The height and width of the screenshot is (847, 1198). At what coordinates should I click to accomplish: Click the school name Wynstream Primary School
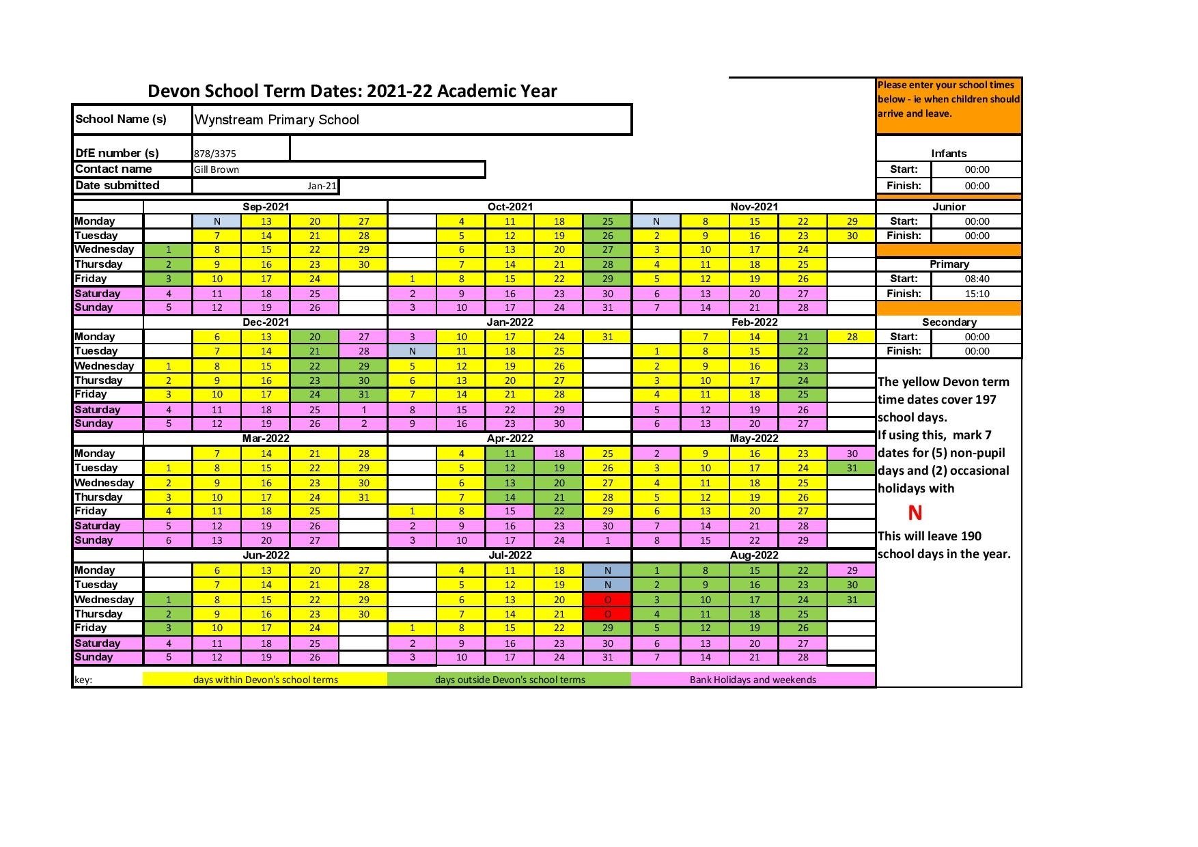click(277, 120)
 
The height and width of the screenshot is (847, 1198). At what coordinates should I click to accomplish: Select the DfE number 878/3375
click(215, 154)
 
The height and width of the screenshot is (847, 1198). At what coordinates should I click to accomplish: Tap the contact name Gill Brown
click(217, 169)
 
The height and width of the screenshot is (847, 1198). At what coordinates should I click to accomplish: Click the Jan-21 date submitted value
click(321, 186)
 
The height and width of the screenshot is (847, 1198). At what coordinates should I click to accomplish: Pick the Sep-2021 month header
click(266, 206)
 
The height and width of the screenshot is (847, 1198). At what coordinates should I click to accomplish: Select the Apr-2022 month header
click(510, 439)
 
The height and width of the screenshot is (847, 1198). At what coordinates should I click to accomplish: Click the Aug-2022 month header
click(754, 555)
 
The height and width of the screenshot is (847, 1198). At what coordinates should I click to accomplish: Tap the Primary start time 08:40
click(977, 279)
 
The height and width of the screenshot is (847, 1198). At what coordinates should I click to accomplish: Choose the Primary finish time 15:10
click(977, 294)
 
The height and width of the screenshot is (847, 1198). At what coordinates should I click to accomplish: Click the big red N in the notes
click(915, 512)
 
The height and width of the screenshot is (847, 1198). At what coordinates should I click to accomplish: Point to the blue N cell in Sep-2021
click(217, 221)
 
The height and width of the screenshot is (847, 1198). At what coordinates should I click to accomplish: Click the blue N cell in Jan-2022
click(413, 351)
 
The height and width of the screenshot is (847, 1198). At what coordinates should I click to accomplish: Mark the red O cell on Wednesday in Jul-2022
click(607, 600)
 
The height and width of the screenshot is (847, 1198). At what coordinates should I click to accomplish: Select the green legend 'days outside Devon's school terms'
click(510, 680)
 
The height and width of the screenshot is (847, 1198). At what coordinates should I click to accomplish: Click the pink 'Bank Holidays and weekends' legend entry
click(753, 680)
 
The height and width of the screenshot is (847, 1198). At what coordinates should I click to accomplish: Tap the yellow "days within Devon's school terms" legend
click(265, 680)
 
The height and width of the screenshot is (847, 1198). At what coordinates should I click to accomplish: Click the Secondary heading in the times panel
click(949, 322)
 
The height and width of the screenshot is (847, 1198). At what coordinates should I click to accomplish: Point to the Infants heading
click(949, 154)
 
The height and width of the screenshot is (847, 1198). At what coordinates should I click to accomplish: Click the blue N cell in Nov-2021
click(656, 221)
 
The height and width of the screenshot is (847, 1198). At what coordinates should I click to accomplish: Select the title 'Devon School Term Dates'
click(352, 92)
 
